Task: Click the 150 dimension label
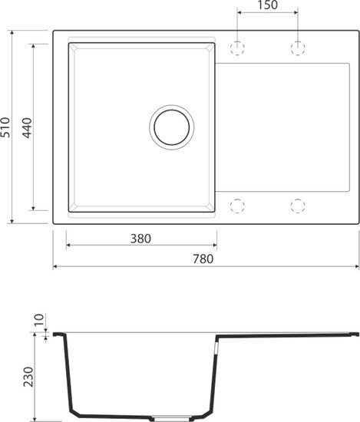click(x=266, y=6)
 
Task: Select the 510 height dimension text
click(x=7, y=127)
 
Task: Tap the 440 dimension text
click(x=27, y=127)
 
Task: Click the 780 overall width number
click(x=206, y=259)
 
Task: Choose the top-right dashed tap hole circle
click(x=298, y=48)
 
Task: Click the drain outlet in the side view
click(x=164, y=418)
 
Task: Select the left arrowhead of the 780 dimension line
click(x=56, y=267)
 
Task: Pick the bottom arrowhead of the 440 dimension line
click(x=33, y=208)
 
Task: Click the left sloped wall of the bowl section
click(x=68, y=376)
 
